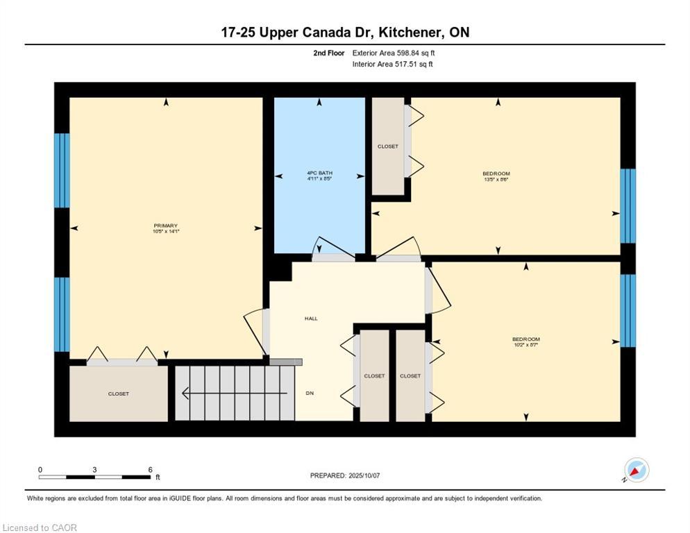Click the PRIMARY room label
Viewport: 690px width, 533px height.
pyautogui.click(x=165, y=226)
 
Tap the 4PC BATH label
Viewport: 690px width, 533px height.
pyautogui.click(x=320, y=173)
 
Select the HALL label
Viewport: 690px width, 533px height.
pyautogui.click(x=311, y=319)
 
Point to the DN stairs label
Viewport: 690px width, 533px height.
pyautogui.click(x=310, y=393)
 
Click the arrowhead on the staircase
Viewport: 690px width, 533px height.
pyautogui.click(x=185, y=393)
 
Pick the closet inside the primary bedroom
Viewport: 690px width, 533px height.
pyautogui.click(x=119, y=394)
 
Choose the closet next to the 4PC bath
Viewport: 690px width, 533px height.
pyautogui.click(x=387, y=146)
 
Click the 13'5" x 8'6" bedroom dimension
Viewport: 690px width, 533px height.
pyautogui.click(x=496, y=180)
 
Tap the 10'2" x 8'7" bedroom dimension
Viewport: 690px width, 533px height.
pyautogui.click(x=526, y=345)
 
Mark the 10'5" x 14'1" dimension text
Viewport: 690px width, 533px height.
pyautogui.click(x=166, y=231)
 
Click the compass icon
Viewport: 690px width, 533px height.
pyautogui.click(x=637, y=470)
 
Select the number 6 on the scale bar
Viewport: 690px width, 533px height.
pyautogui.click(x=150, y=470)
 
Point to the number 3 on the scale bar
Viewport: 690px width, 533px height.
pyautogui.click(x=94, y=470)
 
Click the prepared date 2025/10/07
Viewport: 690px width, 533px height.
pyautogui.click(x=364, y=476)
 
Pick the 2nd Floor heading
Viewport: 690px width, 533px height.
pyautogui.click(x=329, y=53)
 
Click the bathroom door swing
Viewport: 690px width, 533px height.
pyautogui.click(x=333, y=248)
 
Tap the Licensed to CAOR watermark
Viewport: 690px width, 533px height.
pyautogui.click(x=40, y=527)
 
